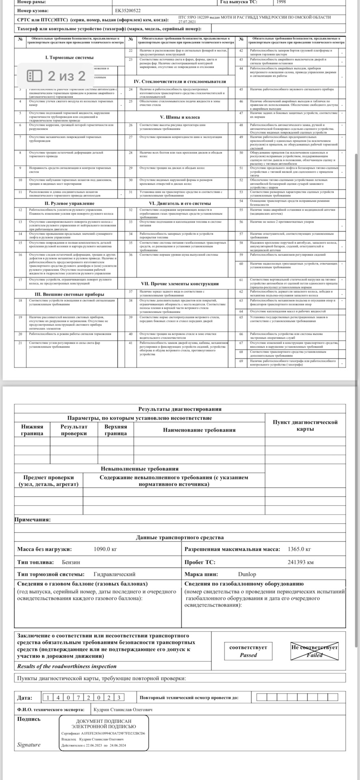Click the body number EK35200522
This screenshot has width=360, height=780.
[128, 11]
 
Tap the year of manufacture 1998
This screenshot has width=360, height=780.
[281, 2]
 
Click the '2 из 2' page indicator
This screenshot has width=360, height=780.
[56, 76]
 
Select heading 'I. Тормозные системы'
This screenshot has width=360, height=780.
[69, 57]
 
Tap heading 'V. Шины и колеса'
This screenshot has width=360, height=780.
[180, 117]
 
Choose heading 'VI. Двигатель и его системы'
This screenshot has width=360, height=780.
[180, 203]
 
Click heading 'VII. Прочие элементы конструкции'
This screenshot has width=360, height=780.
[180, 284]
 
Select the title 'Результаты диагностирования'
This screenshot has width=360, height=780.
[180, 409]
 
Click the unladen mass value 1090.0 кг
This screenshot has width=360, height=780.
[105, 549]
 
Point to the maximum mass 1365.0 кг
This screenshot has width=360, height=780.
[299, 549]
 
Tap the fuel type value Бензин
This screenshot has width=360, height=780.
[71, 562]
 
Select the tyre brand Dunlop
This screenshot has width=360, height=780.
[247, 574]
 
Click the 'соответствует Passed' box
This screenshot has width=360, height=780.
[248, 651]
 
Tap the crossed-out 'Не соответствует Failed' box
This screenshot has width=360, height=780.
[314, 651]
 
